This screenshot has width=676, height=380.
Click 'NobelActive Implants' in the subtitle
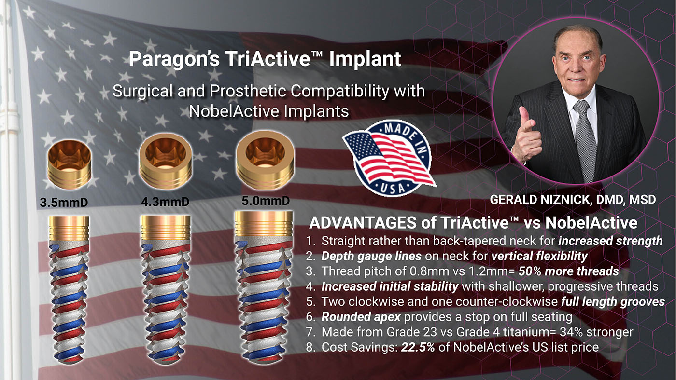click(269, 111)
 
